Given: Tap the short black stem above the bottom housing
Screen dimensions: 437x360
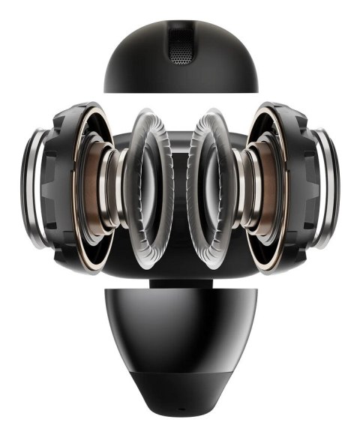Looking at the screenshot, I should [180, 283].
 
